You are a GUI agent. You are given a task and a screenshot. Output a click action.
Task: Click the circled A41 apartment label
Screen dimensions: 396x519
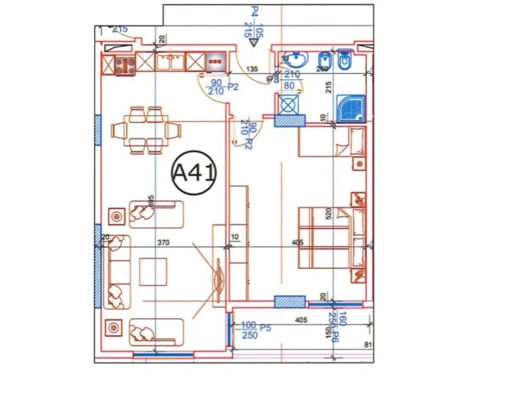point(194,173)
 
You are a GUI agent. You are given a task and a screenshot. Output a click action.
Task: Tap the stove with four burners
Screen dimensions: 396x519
point(125,64)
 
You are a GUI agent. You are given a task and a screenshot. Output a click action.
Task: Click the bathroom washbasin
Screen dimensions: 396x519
point(296,60)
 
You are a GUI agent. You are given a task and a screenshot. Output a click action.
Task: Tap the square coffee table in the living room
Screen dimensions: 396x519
point(153,272)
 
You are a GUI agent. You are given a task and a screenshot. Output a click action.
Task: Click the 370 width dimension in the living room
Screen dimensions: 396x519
point(163,242)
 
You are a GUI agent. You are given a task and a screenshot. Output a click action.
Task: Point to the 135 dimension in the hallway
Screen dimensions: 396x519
point(251,69)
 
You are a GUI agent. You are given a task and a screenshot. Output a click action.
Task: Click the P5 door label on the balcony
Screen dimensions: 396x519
point(265,328)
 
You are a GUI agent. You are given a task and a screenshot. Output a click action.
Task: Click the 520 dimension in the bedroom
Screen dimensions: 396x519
point(328,213)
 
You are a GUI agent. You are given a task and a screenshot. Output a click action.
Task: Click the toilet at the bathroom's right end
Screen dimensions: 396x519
point(346,60)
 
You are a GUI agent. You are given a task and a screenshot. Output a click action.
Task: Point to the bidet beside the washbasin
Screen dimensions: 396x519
point(323,61)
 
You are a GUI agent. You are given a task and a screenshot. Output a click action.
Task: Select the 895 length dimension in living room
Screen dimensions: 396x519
point(150,202)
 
